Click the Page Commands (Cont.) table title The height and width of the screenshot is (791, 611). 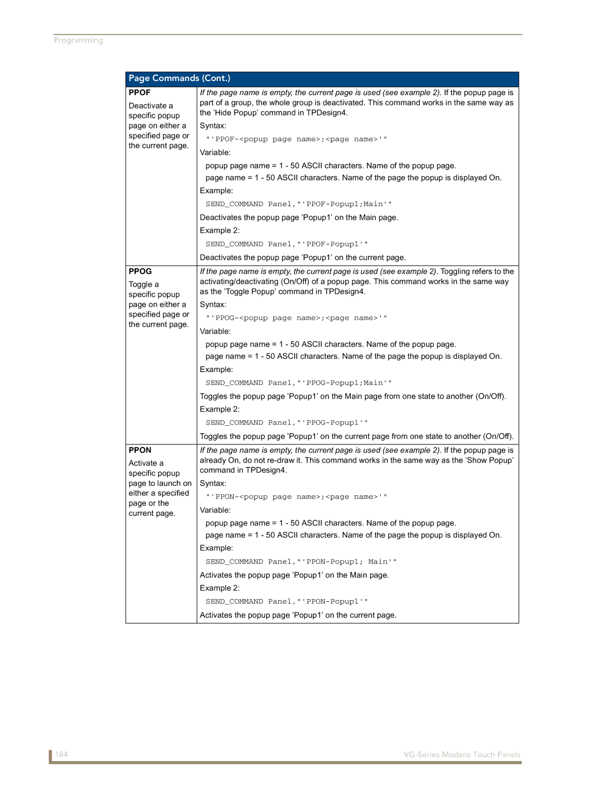(x=179, y=79)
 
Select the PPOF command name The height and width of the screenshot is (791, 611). (x=139, y=93)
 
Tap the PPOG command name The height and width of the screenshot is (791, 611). (x=140, y=272)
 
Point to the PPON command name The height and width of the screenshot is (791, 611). (x=140, y=451)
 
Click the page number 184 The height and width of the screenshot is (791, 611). (x=61, y=755)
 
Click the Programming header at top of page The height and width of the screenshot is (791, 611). (x=78, y=40)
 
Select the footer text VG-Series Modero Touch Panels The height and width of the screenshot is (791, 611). (x=462, y=755)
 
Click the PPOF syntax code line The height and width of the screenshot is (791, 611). (x=296, y=139)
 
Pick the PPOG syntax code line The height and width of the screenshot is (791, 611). (x=296, y=318)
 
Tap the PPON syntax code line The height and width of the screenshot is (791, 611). (x=296, y=497)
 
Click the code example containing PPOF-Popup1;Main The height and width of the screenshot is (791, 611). (x=298, y=204)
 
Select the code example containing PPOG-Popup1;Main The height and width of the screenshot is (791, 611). (x=298, y=383)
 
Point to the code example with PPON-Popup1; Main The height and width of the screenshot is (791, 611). (x=300, y=562)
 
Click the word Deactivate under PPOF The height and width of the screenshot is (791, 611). (x=147, y=106)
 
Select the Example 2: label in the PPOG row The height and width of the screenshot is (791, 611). (x=220, y=409)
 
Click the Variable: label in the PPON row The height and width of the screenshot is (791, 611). (x=215, y=510)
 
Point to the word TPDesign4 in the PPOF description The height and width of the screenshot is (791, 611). (x=326, y=113)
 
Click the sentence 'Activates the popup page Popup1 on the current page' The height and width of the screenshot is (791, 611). (x=298, y=615)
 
